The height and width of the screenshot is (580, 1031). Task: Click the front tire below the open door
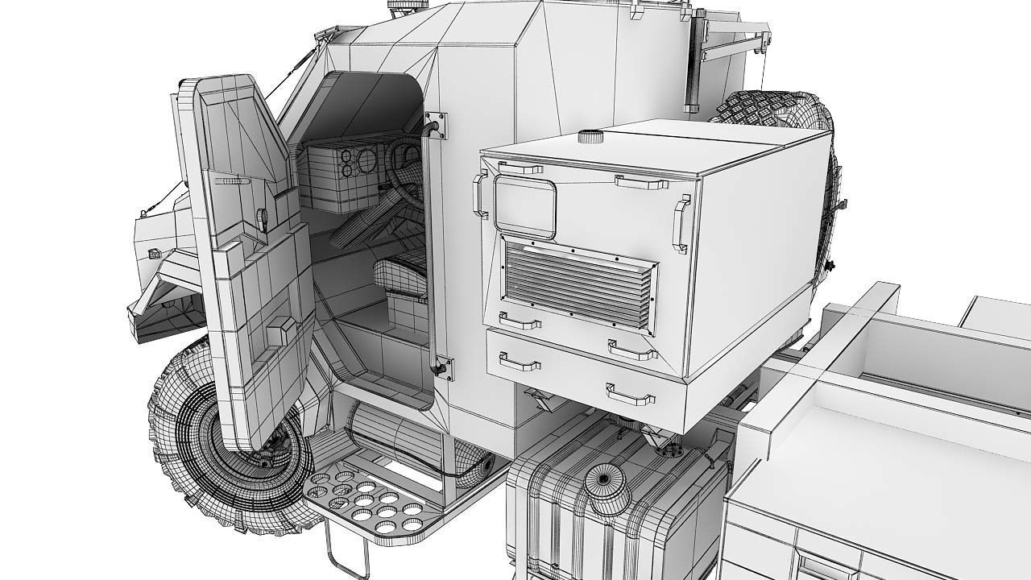tap(193, 451)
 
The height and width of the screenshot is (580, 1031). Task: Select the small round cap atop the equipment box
tap(590, 136)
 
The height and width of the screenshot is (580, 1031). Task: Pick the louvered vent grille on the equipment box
tap(578, 281)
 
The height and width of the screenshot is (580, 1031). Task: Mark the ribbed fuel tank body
tap(612, 516)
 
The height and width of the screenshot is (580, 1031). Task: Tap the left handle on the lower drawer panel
tap(520, 362)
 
